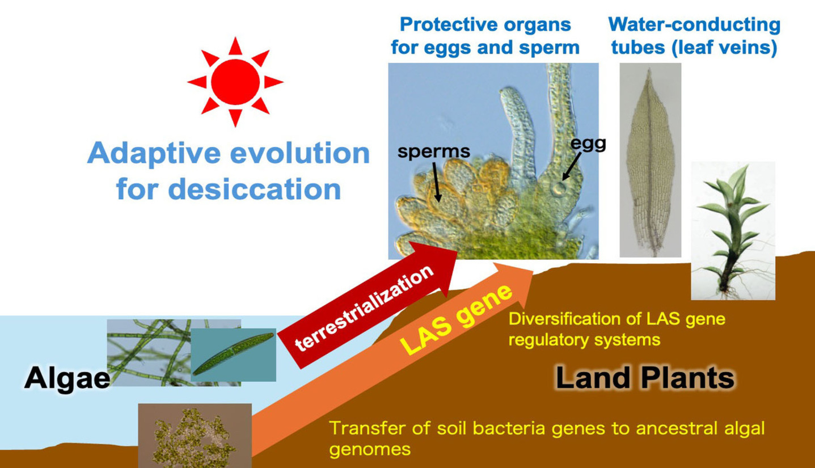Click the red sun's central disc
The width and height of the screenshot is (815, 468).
coord(235,82)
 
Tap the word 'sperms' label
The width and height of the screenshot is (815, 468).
coord(434,151)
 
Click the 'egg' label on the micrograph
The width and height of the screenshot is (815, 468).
coord(588,144)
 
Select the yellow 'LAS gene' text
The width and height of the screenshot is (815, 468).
coord(456,319)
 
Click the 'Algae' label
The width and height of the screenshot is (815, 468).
coord(67,378)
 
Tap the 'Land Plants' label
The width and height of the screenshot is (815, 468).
coord(645,377)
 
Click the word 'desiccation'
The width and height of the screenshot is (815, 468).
coord(229,189)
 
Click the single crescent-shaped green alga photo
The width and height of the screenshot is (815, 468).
coord(233,355)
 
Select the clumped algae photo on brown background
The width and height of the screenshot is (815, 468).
coord(195,436)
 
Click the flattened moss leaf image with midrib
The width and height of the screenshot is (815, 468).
coord(650,160)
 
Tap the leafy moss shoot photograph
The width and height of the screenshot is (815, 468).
coord(733,231)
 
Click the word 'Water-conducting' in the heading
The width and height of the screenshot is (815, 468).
coord(694,25)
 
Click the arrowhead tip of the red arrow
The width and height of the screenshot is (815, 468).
coord(457,251)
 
